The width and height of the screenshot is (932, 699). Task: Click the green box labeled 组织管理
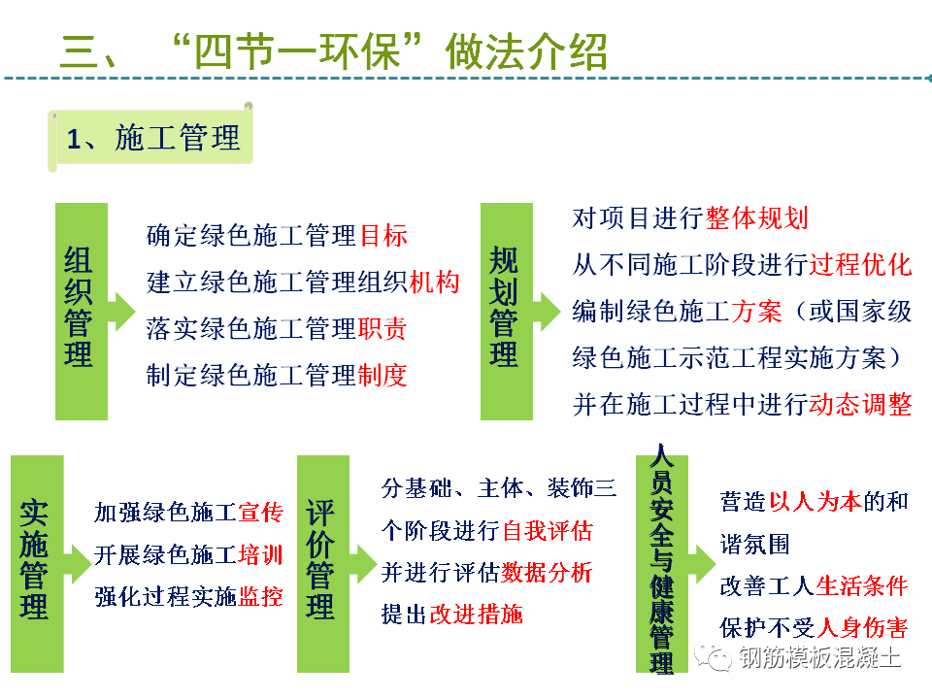point(82,312)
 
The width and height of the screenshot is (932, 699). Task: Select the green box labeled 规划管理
point(507,312)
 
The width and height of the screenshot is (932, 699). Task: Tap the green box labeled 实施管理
point(37,563)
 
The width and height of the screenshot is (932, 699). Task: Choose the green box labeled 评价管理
point(322,563)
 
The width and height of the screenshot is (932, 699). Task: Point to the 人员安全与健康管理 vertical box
point(661,563)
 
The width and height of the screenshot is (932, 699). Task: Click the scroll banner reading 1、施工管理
point(151,138)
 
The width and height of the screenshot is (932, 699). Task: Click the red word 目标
point(383,235)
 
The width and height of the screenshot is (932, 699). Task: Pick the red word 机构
point(435,282)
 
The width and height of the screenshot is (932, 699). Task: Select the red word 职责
point(383,329)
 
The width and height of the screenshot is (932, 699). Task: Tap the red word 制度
point(383,375)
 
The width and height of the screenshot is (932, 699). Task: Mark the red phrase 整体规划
point(756,218)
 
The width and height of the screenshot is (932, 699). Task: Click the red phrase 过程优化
point(860,264)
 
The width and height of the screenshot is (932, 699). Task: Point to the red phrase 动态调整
point(860,404)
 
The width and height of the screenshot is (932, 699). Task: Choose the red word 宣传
point(260,513)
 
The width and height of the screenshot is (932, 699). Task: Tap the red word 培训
point(260,554)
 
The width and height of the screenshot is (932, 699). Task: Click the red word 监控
point(260,597)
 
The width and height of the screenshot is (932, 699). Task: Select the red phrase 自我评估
point(548,530)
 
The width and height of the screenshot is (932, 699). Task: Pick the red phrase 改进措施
point(476,614)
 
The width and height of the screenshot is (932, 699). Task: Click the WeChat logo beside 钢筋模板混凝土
point(713,656)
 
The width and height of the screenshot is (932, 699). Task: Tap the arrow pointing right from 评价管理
point(363,563)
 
